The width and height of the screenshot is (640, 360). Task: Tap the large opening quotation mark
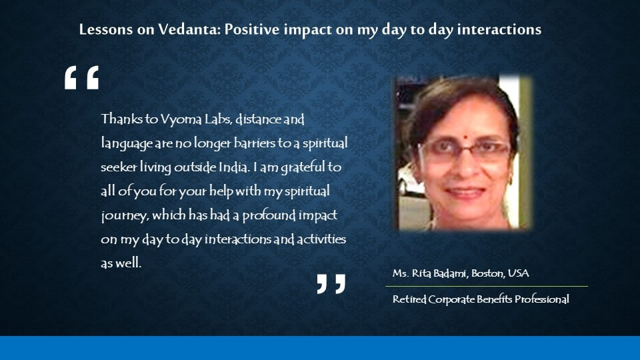[81, 77]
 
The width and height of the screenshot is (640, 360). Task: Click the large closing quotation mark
[331, 284]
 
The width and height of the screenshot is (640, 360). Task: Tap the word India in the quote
[234, 167]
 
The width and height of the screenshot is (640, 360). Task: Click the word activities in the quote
[321, 239]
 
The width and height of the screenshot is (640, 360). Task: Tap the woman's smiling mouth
[465, 192]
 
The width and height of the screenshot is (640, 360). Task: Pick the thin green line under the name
[487, 287]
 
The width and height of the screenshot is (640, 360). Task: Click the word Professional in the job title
[541, 299]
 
